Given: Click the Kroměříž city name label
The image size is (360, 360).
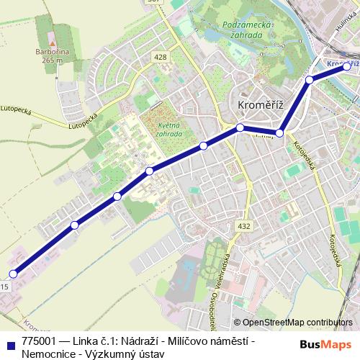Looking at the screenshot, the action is pyautogui.click(x=261, y=105).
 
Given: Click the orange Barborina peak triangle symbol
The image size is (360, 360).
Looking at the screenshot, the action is pyautogui.click(x=51, y=35).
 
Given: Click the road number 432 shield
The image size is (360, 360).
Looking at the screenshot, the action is pyautogui.click(x=244, y=226).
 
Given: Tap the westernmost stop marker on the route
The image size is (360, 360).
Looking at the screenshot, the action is pyautogui.click(x=13, y=274).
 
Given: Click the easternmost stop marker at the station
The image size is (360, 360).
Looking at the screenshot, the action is pyautogui.click(x=347, y=66).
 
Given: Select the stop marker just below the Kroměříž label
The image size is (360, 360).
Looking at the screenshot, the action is pyautogui.click(x=240, y=128).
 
